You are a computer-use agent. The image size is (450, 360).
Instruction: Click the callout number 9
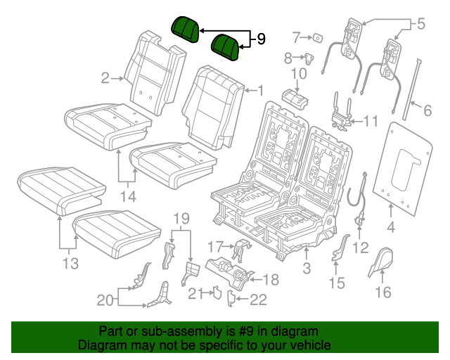[x=261, y=39]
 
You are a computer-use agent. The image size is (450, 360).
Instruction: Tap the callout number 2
[x=105, y=78]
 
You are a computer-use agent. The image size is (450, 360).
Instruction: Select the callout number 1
[x=259, y=90]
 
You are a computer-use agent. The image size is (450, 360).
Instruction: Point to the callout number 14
[x=127, y=197]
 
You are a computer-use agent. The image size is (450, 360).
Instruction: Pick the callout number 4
[x=391, y=226]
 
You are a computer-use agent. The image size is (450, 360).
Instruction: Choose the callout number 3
[x=306, y=268]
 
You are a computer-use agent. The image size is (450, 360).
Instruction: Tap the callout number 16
[x=383, y=292]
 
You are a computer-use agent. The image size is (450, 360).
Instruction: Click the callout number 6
[x=426, y=109]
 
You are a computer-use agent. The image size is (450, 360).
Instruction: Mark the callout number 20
[x=104, y=300]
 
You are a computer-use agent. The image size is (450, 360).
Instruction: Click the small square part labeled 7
[x=317, y=37]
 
